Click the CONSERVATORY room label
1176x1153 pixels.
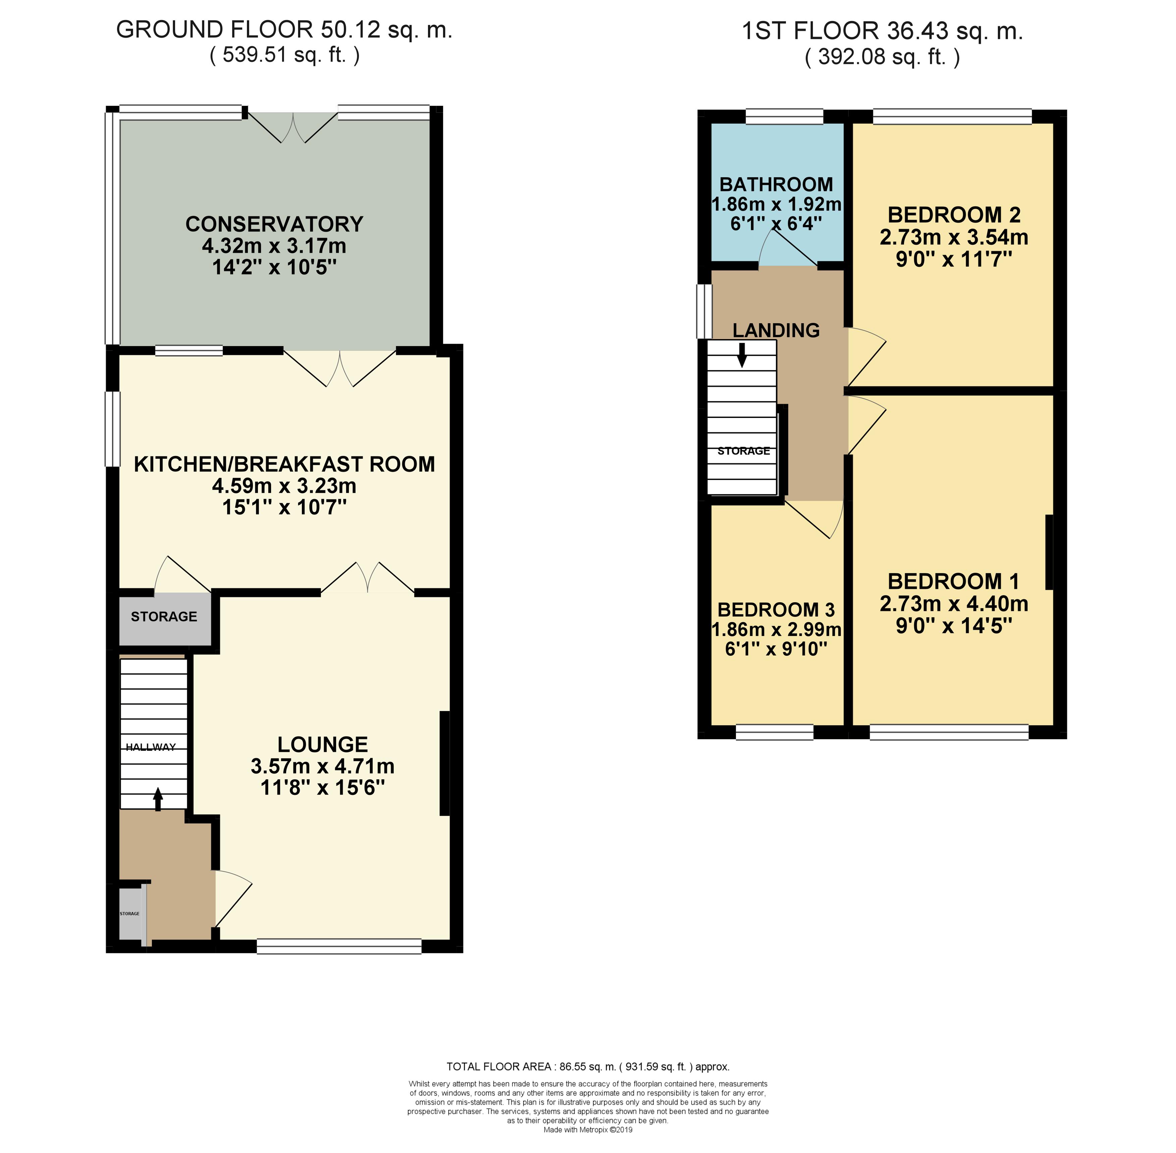point(274,224)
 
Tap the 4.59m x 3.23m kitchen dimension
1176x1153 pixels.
point(284,486)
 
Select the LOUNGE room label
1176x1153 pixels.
point(323,744)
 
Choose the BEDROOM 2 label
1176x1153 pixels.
point(954,215)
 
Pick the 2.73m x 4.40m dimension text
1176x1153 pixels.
point(954,604)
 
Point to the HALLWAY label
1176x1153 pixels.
point(151,747)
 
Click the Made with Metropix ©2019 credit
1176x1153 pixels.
point(588,1130)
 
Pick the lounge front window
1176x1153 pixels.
point(339,946)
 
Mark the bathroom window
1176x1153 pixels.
point(785,116)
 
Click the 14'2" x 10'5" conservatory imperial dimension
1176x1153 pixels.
point(274,268)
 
